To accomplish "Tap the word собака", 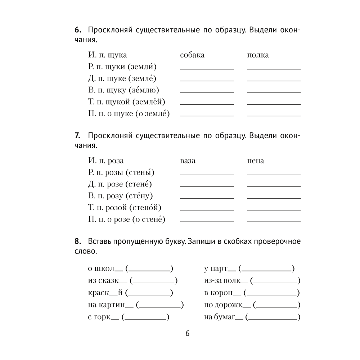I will pyautogui.click(x=192, y=55).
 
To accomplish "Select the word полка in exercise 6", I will pyautogui.click(x=258, y=55).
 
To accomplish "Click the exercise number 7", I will pyautogui.click(x=77, y=136).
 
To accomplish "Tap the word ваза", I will pyautogui.click(x=188, y=161).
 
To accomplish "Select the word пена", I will pyautogui.click(x=256, y=161).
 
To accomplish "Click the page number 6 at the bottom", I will pyautogui.click(x=187, y=333).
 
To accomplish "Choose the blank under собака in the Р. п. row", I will pyautogui.click(x=206, y=68).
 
